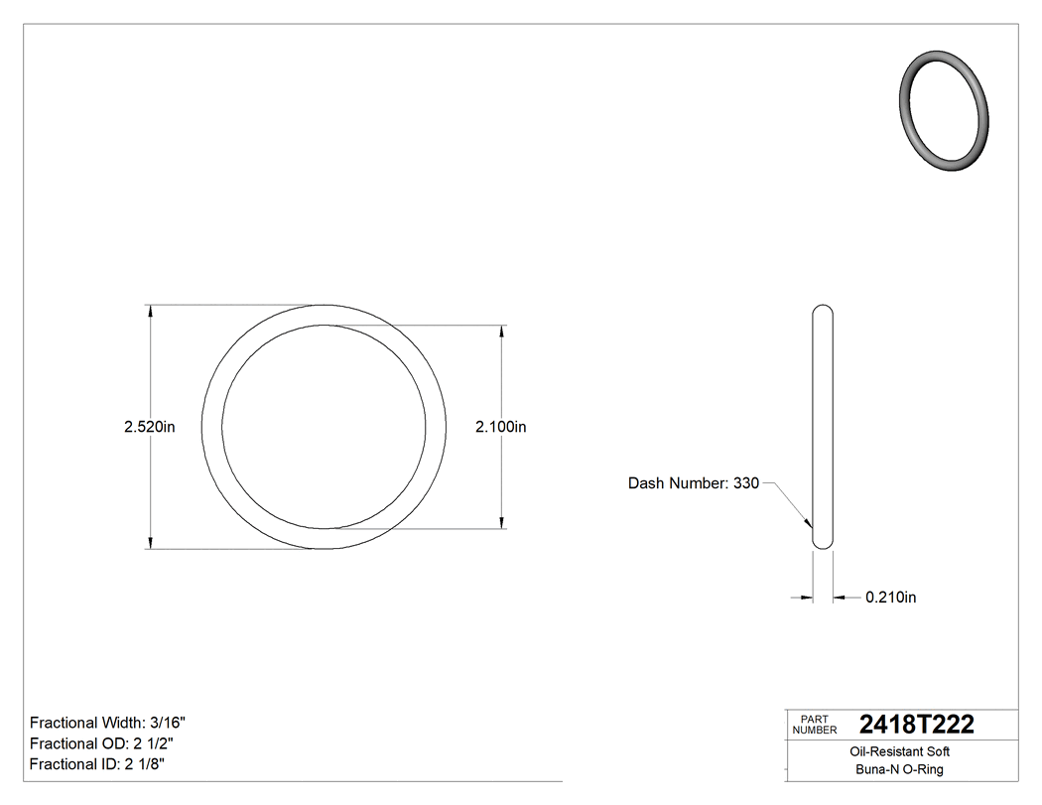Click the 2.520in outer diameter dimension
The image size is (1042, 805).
click(x=149, y=427)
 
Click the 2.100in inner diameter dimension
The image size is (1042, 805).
click(x=500, y=427)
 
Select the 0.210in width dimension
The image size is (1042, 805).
click(x=890, y=598)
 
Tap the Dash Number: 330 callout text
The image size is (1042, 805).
click(x=693, y=483)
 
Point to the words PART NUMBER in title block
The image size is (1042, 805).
click(x=815, y=725)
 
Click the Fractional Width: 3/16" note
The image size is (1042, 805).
click(x=108, y=723)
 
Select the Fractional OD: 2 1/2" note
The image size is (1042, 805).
click(x=104, y=743)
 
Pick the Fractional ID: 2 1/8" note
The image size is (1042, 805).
click(x=97, y=764)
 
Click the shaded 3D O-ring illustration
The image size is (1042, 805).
click(x=944, y=111)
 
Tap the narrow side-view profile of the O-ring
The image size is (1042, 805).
click(x=823, y=427)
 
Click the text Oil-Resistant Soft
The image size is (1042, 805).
click(x=901, y=752)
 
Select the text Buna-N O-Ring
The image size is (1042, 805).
click(x=900, y=770)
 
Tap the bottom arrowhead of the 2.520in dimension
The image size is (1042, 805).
click(x=150, y=542)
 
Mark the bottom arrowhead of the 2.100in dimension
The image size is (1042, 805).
click(x=501, y=522)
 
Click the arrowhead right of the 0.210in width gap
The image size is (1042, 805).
click(x=839, y=598)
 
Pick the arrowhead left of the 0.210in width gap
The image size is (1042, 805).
click(x=806, y=598)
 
